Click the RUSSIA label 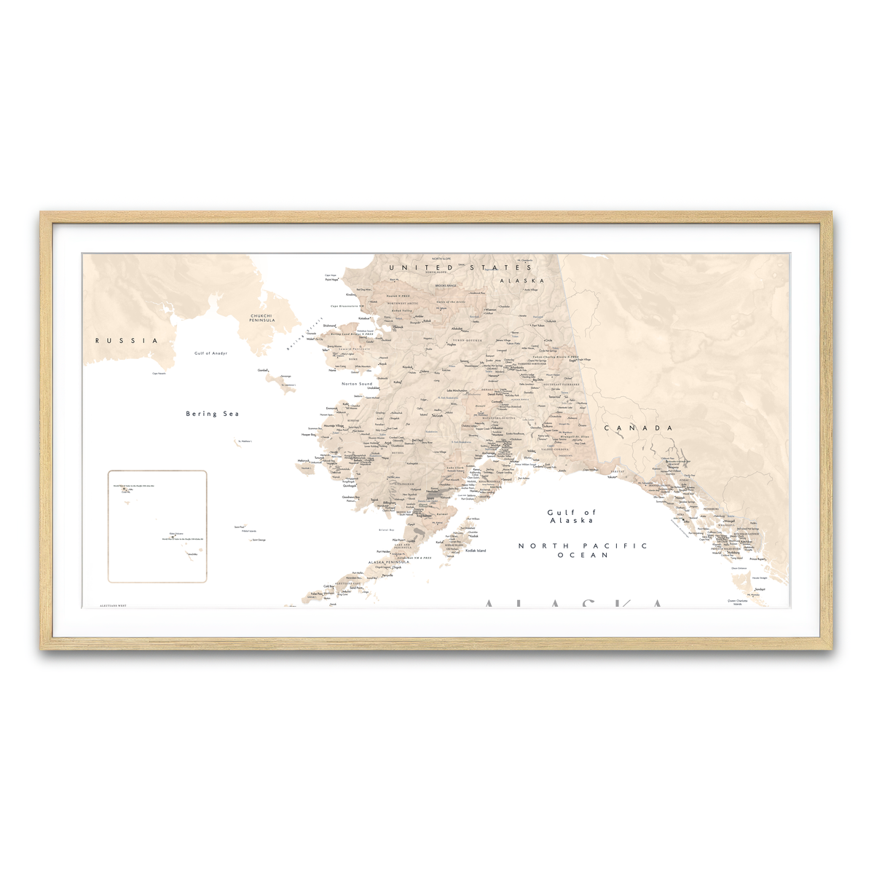click(126, 340)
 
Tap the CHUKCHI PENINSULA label click(261, 318)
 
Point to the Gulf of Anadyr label click(210, 353)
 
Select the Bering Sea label click(212, 414)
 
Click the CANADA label click(639, 428)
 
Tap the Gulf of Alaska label click(572, 516)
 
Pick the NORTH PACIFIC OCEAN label click(583, 550)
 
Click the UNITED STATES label click(460, 268)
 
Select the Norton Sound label click(357, 384)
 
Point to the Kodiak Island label click(476, 551)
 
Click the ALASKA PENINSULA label click(388, 562)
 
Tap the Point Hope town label click(331, 280)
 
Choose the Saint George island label click(259, 540)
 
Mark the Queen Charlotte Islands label click(737, 602)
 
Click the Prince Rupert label click(757, 559)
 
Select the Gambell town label click(263, 370)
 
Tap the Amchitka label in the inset click(192, 555)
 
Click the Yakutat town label click(612, 477)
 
